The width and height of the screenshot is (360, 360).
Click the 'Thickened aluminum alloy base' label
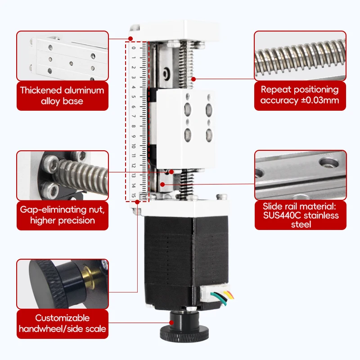pos(62,95)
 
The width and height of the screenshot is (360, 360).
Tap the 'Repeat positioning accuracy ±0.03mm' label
pos(300,95)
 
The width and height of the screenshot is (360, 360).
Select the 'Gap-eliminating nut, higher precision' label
pos(62,215)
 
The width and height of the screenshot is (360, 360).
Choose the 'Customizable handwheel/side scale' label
pos(62,323)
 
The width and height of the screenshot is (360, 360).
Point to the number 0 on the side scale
pos(134,48)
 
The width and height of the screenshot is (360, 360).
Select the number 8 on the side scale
pos(134,126)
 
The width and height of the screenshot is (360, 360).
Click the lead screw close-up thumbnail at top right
pos(300,56)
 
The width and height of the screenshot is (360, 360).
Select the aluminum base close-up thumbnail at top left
pos(63,56)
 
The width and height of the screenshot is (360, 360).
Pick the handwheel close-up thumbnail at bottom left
pos(63,283)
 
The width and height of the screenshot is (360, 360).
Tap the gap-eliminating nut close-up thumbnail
pos(63,175)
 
